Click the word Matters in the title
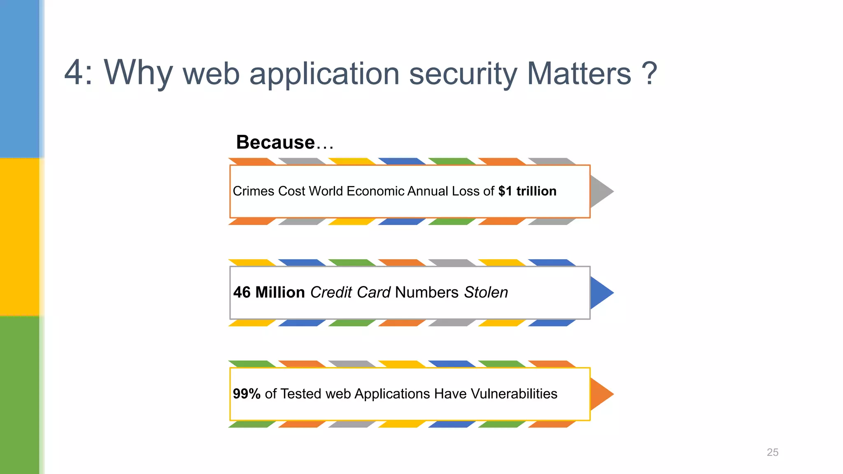pyautogui.click(x=579, y=74)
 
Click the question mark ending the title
pyautogui.click(x=649, y=74)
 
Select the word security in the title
pyautogui.click(x=463, y=74)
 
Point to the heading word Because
pyautogui.click(x=275, y=142)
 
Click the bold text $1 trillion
pyautogui.click(x=527, y=191)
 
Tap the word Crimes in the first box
pyautogui.click(x=253, y=191)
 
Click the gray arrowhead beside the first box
pyautogui.click(x=600, y=191)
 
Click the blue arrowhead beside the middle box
pyautogui.click(x=600, y=293)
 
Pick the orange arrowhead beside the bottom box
pyautogui.click(x=600, y=394)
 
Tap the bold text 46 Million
pyautogui.click(x=269, y=293)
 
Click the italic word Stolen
pyautogui.click(x=486, y=293)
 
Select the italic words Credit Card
pyautogui.click(x=350, y=293)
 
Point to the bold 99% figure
pyautogui.click(x=247, y=394)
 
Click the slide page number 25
pyautogui.click(x=772, y=452)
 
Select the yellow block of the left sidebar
pyautogui.click(x=20, y=237)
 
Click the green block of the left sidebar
pyautogui.click(x=20, y=395)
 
